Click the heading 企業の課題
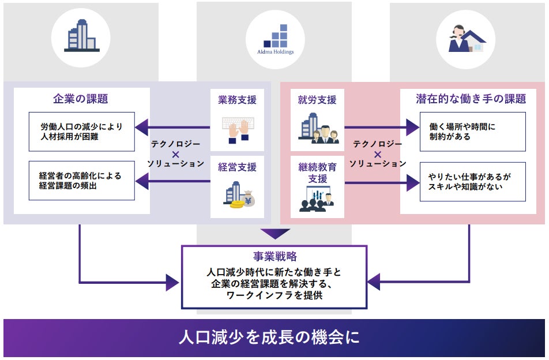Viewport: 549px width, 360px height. point(81,99)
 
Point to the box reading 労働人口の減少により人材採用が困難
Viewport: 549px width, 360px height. point(81,132)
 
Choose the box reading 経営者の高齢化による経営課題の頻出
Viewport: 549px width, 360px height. point(81,181)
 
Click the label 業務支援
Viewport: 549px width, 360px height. point(237,100)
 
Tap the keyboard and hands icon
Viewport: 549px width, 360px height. point(237,130)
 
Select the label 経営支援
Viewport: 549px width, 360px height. point(237,167)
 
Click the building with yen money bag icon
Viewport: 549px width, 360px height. point(238,195)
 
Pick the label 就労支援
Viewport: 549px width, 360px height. point(317,100)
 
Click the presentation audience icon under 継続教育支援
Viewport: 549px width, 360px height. point(317,199)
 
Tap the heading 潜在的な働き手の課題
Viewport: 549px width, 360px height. point(471,99)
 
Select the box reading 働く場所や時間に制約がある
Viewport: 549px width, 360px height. point(472,132)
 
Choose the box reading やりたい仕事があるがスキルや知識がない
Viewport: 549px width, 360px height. point(472,181)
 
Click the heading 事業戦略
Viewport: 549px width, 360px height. point(274,257)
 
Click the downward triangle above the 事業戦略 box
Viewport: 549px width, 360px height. point(274,234)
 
